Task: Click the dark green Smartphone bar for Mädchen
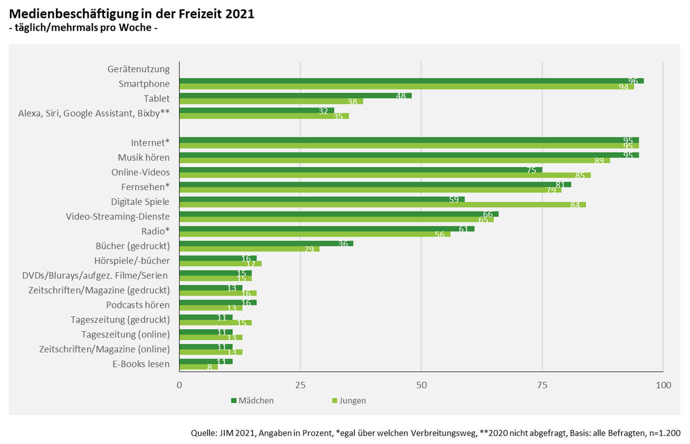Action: tap(410, 81)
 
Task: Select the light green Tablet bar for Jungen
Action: tap(271, 101)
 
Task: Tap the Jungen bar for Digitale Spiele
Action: tap(382, 204)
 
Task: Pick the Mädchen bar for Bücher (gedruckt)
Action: tap(266, 244)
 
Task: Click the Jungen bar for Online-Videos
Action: tap(385, 175)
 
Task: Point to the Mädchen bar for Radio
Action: tap(326, 229)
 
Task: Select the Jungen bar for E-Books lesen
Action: tap(198, 367)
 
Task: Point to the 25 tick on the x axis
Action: tap(301, 385)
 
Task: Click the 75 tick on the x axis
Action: tap(542, 385)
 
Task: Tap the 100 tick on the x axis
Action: tap(663, 385)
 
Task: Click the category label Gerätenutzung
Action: tap(138, 69)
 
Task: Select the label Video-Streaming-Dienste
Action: tap(118, 216)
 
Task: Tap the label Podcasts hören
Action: tap(137, 305)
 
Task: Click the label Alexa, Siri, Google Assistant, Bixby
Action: tap(93, 113)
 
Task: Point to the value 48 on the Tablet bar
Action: tap(401, 96)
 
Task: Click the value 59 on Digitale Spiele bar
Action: tap(454, 199)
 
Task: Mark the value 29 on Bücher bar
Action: tap(309, 249)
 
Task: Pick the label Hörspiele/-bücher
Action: tap(132, 261)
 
